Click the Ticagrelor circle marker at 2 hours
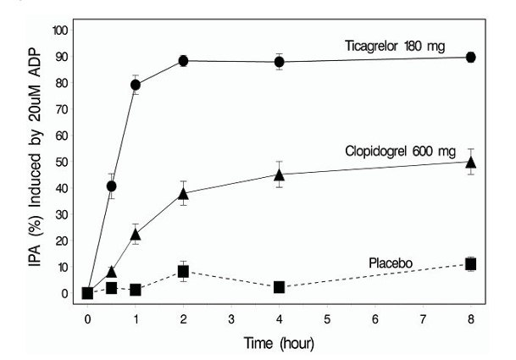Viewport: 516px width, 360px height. click(183, 61)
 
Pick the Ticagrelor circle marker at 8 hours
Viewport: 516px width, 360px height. click(471, 58)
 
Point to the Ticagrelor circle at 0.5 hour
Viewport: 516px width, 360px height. click(111, 186)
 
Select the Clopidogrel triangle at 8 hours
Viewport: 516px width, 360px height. click(471, 162)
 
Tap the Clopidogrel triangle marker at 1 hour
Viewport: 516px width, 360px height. click(135, 234)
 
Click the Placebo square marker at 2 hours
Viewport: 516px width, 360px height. click(183, 272)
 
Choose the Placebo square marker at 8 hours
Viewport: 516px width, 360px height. click(471, 264)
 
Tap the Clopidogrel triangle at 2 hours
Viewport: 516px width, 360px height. click(183, 194)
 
